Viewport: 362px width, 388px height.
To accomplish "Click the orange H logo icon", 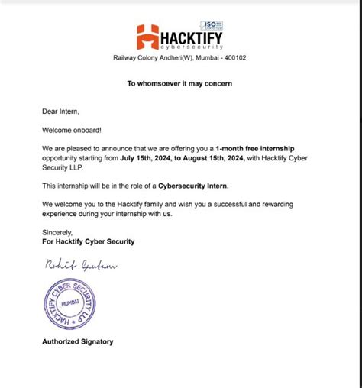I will click(148, 37).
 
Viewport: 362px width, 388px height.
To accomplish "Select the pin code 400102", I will click(233, 57).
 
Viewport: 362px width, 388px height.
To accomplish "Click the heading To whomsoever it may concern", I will click(179, 83).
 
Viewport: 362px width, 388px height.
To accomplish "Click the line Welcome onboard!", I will click(69, 129).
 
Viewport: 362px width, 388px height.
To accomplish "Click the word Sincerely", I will click(57, 232).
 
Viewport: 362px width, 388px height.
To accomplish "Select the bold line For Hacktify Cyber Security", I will click(89, 241).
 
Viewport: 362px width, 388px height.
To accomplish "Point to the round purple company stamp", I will click(69, 303).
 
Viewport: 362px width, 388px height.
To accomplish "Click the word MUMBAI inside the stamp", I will click(69, 303).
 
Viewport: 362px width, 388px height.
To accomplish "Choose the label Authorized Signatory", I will click(78, 341).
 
